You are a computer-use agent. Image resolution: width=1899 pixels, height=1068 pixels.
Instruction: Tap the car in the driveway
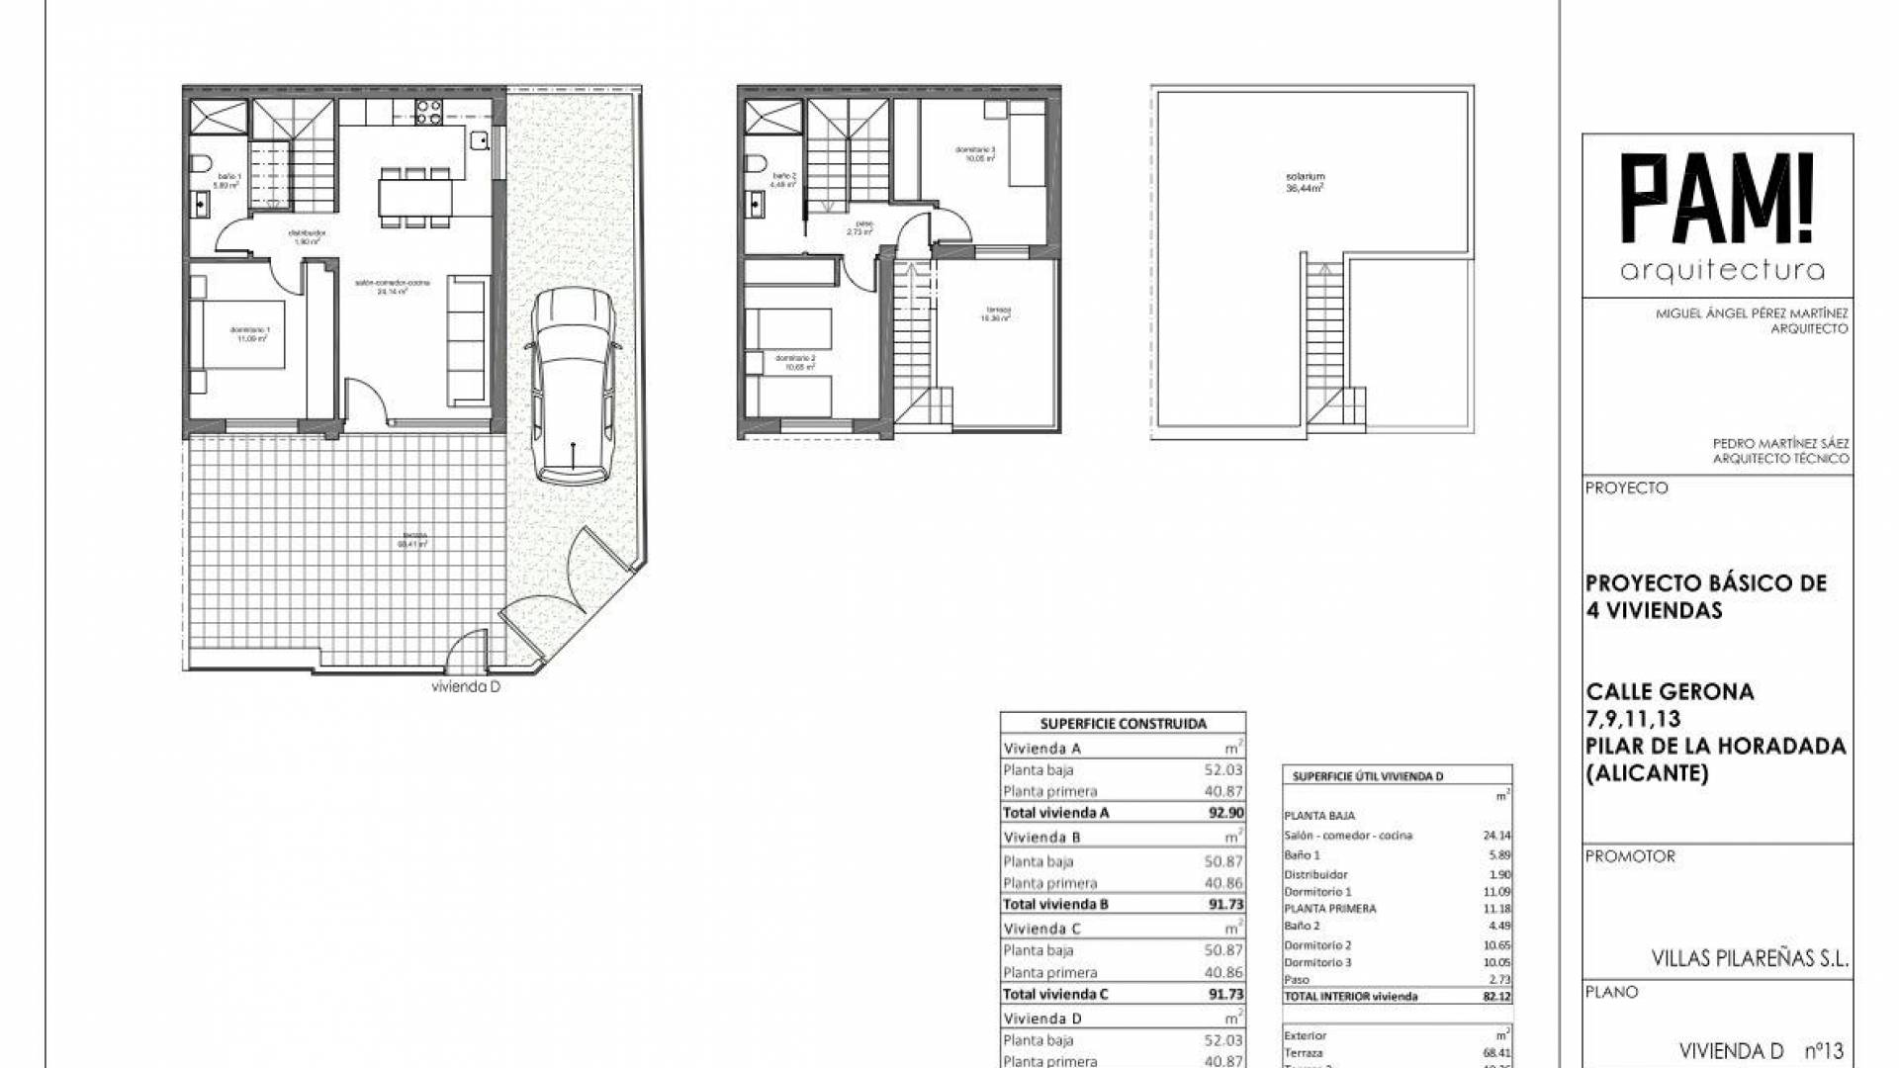click(573, 386)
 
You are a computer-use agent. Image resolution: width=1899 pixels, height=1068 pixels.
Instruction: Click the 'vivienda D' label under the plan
click(466, 687)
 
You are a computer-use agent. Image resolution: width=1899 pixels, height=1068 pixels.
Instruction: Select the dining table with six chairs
click(414, 197)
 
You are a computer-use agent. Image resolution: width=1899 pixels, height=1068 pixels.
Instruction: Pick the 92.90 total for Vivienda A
click(1225, 813)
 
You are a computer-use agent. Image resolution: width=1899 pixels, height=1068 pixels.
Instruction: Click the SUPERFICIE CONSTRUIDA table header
click(1123, 724)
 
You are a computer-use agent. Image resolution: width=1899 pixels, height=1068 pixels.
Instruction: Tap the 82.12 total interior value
click(1497, 997)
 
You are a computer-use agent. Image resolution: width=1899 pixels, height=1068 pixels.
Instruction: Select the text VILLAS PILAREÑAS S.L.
click(1750, 958)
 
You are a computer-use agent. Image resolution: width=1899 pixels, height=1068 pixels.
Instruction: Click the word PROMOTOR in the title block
click(1630, 856)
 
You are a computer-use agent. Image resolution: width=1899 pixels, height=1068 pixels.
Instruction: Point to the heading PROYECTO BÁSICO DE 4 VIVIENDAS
click(1705, 596)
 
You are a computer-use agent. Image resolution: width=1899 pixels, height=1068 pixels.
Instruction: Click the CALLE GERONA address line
click(1670, 691)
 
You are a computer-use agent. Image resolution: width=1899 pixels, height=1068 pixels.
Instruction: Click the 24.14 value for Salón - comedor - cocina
click(1497, 836)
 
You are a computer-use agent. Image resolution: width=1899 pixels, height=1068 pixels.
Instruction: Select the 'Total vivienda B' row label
click(1055, 904)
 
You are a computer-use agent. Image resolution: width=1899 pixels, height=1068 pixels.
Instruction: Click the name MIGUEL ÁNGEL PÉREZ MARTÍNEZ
click(1752, 313)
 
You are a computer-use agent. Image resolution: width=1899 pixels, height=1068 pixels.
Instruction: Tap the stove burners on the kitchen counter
click(428, 113)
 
